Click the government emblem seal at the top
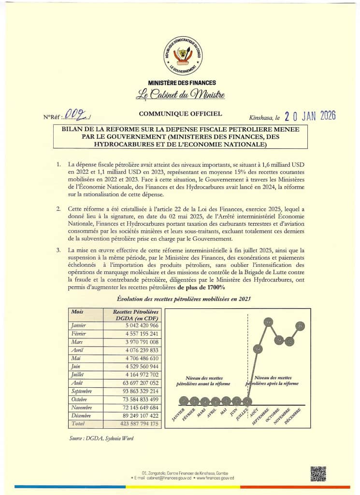pos(183,54)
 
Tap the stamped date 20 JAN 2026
pos(310,116)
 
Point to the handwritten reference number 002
pos(78,116)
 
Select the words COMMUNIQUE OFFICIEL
pos(180,114)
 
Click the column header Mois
pos(77,312)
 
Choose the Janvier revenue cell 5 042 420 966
pos(135,325)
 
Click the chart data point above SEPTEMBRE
pos(269,321)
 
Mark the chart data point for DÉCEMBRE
pos(301,327)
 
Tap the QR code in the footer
pos(318,474)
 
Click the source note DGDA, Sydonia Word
pos(102,438)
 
